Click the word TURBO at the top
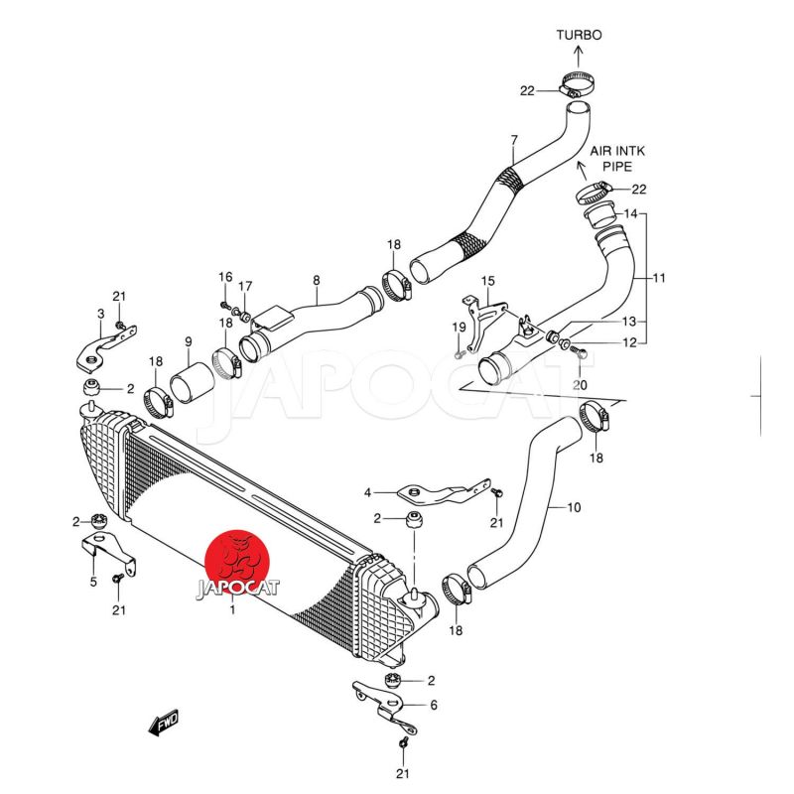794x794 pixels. pos(579,35)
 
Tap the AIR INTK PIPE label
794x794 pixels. pos(617,158)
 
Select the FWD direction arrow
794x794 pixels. pos(162,725)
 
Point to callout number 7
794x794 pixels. pos(513,141)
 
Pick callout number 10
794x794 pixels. pos(574,508)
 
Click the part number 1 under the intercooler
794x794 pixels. pos(232,611)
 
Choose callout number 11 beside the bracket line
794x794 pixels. pos(660,279)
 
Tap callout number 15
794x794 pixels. pos(487,282)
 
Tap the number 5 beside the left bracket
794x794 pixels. pos(93,582)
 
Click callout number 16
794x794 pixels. pos(225,277)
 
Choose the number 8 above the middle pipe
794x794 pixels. pos(316,281)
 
